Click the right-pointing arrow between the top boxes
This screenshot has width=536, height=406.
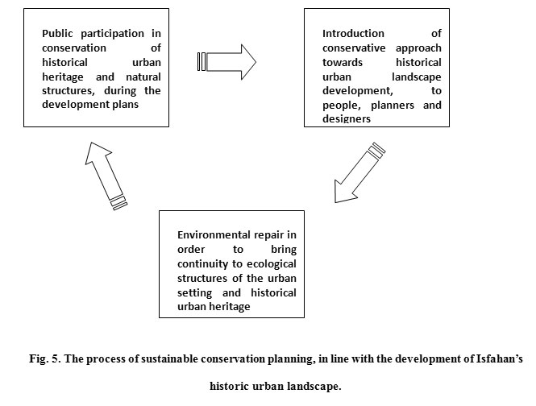pos(226,62)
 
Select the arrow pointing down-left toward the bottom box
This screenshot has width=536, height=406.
pos(359,173)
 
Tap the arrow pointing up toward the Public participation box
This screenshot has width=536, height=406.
pos(106,176)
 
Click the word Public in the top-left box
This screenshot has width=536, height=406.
pos(57,34)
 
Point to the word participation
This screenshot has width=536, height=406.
pos(113,34)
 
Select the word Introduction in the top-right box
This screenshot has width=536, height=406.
pos(353,34)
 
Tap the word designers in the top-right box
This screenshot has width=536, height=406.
pos(347,118)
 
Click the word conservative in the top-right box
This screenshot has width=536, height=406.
pos(354,48)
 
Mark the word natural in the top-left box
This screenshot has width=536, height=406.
pos(143,77)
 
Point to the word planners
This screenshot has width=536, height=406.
pos(393,105)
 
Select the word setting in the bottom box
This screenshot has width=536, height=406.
pos(194,293)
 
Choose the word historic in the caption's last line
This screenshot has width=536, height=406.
pos(229,386)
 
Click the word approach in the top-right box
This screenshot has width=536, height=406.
pos(418,48)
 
